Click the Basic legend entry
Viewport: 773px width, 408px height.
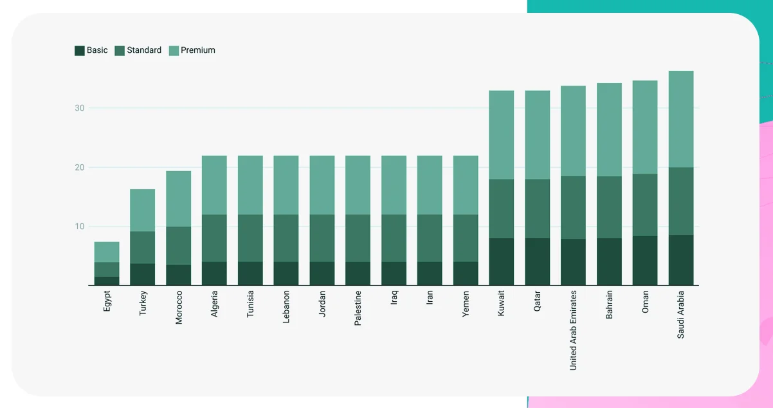pos(91,50)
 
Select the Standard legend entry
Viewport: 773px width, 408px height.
pos(138,50)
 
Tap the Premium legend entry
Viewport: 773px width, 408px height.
pos(192,50)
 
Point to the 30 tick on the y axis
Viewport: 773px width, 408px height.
pos(79,108)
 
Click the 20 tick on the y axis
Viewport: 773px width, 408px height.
pos(79,167)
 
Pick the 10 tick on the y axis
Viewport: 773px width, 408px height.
pos(79,227)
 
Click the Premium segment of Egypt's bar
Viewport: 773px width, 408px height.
pos(107,252)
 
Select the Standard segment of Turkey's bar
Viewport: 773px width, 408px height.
pos(143,247)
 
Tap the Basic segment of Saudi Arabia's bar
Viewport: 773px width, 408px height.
pos(681,260)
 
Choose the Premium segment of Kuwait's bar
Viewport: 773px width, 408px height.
pos(502,134)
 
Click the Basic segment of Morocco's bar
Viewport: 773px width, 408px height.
pos(179,275)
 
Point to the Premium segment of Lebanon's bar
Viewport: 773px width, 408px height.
pos(286,185)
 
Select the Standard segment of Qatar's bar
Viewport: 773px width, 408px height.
pos(538,209)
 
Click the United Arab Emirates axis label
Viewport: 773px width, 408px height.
pos(574,330)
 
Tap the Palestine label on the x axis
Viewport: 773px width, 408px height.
pos(358,308)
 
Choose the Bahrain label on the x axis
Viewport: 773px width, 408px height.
pos(610,305)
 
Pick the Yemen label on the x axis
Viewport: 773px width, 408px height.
pos(466,302)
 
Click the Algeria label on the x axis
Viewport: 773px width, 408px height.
pos(215,304)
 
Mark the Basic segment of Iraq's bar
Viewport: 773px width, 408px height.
pos(394,273)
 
